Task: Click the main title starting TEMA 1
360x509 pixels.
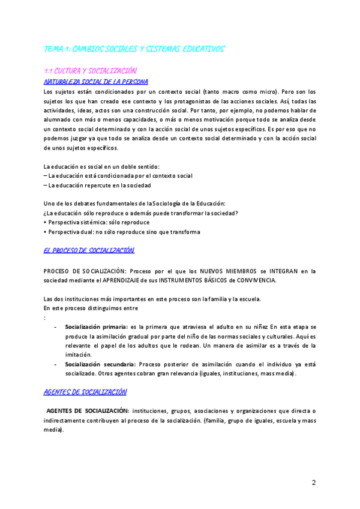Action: pyautogui.click(x=134, y=49)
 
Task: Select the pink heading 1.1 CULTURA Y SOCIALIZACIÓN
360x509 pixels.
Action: pyautogui.click(x=91, y=71)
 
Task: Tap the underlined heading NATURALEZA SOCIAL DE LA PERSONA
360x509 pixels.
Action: pyautogui.click(x=96, y=81)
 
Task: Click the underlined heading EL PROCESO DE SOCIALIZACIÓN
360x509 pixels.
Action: pyautogui.click(x=89, y=250)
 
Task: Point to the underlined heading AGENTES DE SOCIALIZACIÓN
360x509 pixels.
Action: pyautogui.click(x=85, y=392)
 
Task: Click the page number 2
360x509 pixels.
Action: pyautogui.click(x=313, y=483)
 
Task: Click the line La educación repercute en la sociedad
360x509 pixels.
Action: pyautogui.click(x=99, y=185)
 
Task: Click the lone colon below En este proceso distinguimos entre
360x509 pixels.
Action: pyautogui.click(x=45, y=318)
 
